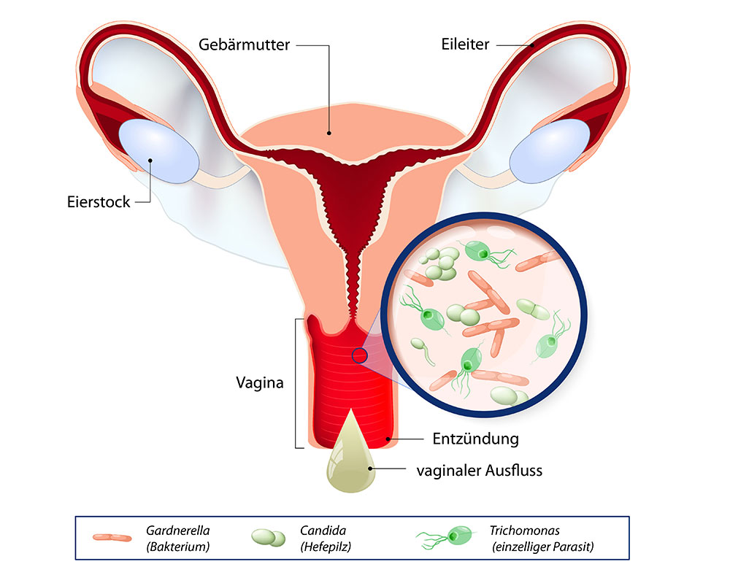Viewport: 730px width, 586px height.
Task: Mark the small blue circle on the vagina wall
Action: coord(358,355)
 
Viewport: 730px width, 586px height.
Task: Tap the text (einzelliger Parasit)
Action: coord(534,547)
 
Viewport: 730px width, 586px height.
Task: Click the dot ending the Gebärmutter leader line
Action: coord(330,133)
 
